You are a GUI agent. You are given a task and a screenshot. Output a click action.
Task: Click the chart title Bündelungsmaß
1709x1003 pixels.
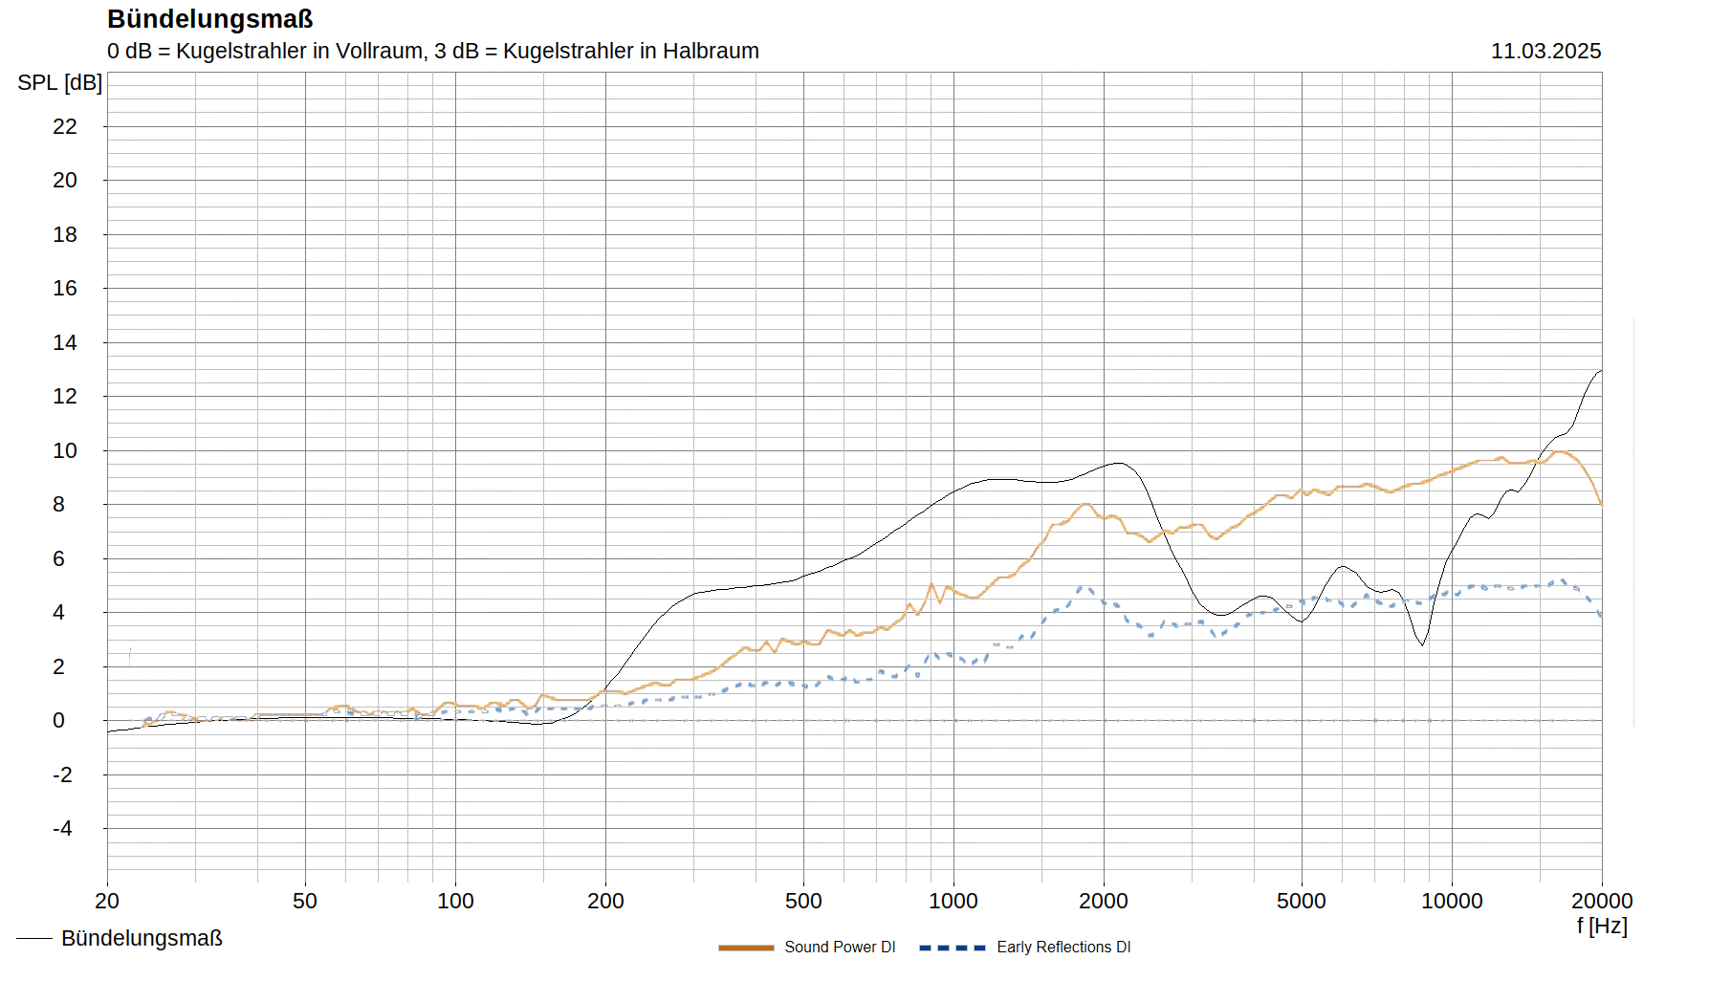pyautogui.click(x=209, y=19)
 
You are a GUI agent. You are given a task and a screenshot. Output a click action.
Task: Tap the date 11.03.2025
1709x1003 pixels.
pyautogui.click(x=1545, y=52)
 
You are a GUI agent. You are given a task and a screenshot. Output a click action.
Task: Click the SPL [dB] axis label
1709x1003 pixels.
pyautogui.click(x=59, y=83)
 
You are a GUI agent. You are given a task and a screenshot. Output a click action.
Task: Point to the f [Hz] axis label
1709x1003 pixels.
pyautogui.click(x=1602, y=926)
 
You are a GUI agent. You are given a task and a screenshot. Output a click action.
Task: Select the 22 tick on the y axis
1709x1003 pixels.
pyautogui.click(x=65, y=126)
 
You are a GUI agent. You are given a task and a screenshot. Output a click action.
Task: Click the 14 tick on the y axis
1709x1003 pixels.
pyautogui.click(x=65, y=342)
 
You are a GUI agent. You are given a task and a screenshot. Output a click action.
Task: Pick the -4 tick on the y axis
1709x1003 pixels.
pyautogui.click(x=62, y=828)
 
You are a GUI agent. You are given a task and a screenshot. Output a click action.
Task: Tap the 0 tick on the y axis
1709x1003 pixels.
pyautogui.click(x=59, y=720)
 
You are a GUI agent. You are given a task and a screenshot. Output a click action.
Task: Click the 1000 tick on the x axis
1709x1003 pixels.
pyautogui.click(x=953, y=901)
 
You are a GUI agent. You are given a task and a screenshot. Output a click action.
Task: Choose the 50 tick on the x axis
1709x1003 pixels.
pyautogui.click(x=305, y=901)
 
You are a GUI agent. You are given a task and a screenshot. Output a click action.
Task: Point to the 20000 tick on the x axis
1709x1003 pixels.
pyautogui.click(x=1602, y=901)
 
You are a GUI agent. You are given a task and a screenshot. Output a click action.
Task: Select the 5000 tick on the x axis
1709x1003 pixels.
pyautogui.click(x=1302, y=901)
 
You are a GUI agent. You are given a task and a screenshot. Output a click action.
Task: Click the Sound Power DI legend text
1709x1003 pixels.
pyautogui.click(x=840, y=948)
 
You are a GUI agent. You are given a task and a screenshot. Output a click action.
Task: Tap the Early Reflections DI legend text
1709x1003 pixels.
pyautogui.click(x=1063, y=948)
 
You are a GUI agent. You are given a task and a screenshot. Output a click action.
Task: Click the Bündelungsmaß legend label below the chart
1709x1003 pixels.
pyautogui.click(x=142, y=938)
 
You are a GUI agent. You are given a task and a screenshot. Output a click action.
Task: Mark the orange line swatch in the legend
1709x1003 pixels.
pyautogui.click(x=746, y=948)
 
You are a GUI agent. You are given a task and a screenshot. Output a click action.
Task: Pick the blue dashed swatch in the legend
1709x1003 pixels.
pyautogui.click(x=952, y=948)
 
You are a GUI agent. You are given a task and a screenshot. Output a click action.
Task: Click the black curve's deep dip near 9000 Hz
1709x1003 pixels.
pyautogui.click(x=1422, y=644)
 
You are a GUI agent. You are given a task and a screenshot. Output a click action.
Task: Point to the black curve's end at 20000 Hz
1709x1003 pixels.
pyautogui.click(x=1601, y=370)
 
